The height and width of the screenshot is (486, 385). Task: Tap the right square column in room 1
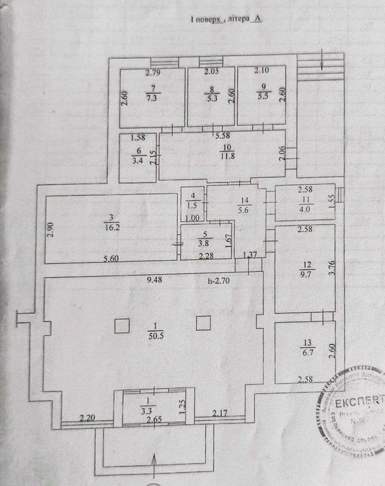pos(203,323)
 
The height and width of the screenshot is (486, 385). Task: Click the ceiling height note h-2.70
pos(223,282)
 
